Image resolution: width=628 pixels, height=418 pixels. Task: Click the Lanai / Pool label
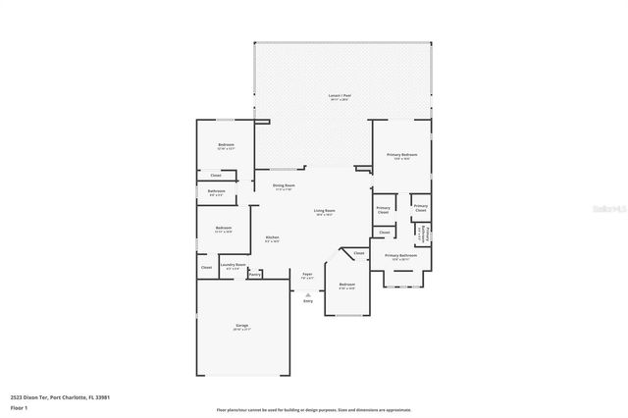coord(340,97)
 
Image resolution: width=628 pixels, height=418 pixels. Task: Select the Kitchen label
coord(273,237)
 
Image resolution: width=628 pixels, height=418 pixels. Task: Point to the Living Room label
coord(325,211)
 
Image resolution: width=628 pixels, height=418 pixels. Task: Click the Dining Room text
coord(284,184)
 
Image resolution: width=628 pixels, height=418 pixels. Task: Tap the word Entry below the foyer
coord(308,301)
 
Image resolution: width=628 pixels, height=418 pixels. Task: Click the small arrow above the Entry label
coord(308,294)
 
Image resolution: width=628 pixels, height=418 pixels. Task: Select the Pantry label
coord(254,275)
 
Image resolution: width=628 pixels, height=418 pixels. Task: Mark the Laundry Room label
coord(232,264)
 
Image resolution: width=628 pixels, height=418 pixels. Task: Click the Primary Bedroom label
coord(400,155)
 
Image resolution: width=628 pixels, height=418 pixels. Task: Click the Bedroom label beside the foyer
coord(346,285)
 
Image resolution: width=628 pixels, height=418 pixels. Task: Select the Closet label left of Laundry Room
coord(206,267)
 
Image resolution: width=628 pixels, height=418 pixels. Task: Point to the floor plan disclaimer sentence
coord(314,410)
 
